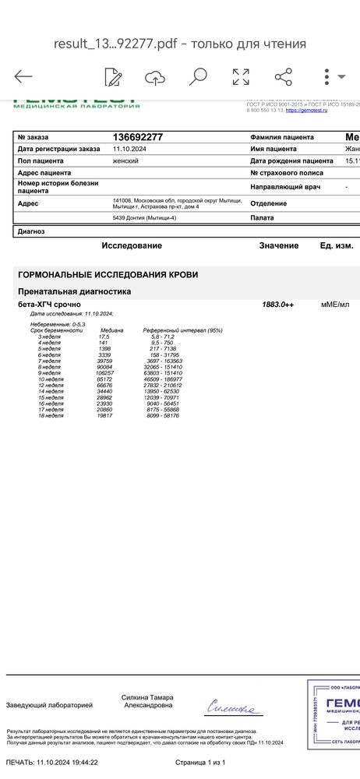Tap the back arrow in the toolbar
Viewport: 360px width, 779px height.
(23, 76)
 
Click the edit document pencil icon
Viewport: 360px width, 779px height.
(114, 76)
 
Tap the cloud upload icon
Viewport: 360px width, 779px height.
(155, 76)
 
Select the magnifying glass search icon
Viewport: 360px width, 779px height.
(198, 76)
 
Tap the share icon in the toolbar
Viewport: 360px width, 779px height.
(283, 76)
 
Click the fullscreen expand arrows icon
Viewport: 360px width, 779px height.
(241, 76)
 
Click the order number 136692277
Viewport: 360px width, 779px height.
(138, 137)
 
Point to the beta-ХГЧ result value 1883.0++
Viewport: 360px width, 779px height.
(277, 304)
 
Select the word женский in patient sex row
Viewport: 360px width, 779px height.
(126, 160)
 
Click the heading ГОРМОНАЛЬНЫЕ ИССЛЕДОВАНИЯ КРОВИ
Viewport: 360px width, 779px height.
(108, 275)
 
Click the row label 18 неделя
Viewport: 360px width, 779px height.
(51, 416)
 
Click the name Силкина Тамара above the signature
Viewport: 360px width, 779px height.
(147, 697)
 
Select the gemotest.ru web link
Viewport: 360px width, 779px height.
(307, 111)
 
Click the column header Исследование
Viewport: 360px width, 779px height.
(132, 245)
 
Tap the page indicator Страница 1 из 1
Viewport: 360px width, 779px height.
(200, 762)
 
